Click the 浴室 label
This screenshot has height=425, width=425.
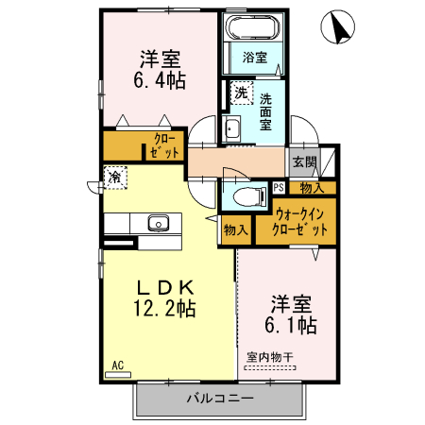click(254, 58)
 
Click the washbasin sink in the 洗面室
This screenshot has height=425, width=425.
click(232, 129)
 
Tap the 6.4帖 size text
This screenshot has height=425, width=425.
click(158, 82)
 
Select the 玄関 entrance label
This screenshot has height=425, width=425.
click(303, 161)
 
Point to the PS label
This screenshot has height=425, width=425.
click(279, 187)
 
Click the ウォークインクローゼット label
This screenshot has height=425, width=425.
click(301, 221)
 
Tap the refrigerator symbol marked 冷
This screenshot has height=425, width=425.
click(115, 177)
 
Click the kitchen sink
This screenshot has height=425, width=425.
click(158, 224)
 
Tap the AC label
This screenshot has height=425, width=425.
click(118, 365)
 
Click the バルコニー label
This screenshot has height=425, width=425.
click(219, 399)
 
